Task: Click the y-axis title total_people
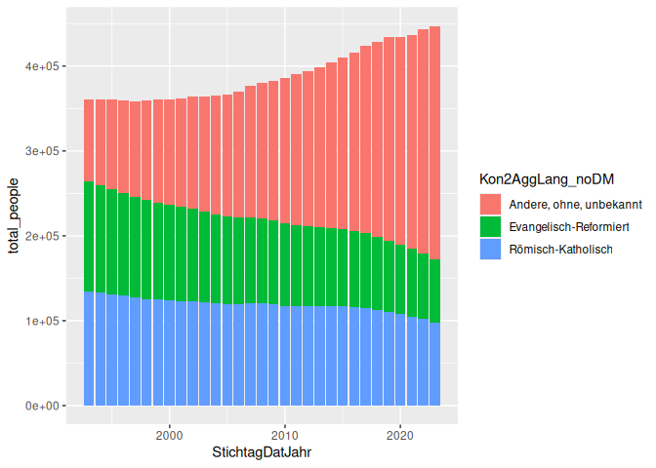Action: (14, 219)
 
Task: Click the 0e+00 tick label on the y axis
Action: (44, 406)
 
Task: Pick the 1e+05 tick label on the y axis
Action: (44, 321)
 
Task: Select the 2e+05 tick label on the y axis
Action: (44, 236)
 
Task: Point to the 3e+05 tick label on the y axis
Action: (44, 151)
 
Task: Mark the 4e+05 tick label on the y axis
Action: (44, 66)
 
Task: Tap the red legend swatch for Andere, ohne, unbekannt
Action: (490, 203)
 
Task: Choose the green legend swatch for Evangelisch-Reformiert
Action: (490, 226)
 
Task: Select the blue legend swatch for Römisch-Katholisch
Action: (490, 250)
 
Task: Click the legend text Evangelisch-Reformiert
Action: (567, 226)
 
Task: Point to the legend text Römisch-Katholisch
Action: (561, 250)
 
